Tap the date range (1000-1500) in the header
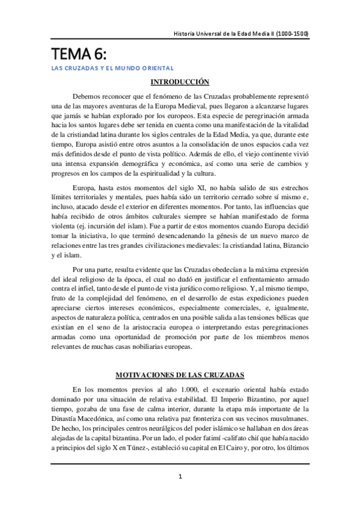(288, 34)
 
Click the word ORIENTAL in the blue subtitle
(156, 68)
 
